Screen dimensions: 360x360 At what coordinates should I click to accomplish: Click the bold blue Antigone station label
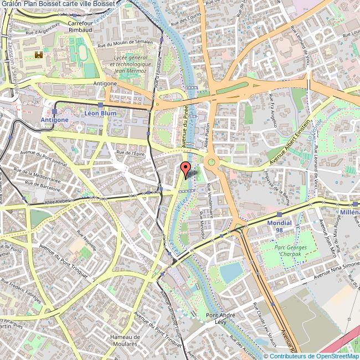55,120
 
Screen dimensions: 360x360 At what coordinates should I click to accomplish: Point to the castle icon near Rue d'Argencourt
39,55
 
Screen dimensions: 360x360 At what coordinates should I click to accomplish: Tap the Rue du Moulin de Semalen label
125,44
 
